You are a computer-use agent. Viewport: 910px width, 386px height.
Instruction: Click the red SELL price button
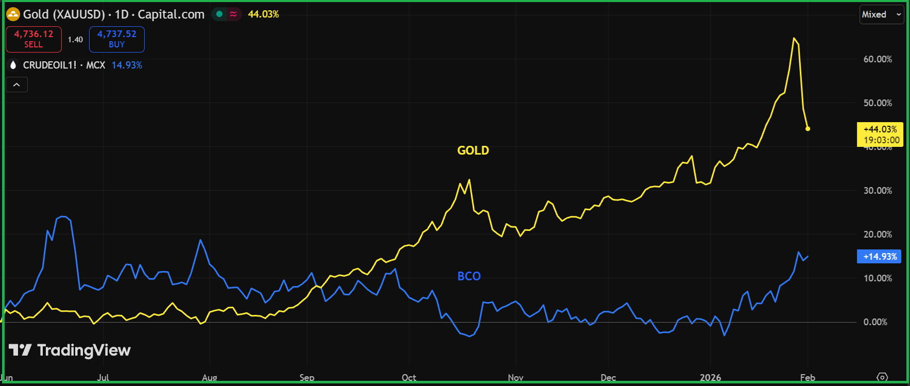point(33,39)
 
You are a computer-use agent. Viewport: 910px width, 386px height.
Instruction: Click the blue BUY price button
point(117,39)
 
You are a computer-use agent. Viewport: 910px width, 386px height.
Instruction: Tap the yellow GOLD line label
point(473,150)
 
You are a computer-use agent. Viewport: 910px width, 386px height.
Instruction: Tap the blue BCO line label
point(469,276)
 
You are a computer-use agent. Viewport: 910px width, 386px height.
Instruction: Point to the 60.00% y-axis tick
point(878,59)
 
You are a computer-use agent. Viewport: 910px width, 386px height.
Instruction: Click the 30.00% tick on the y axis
point(878,191)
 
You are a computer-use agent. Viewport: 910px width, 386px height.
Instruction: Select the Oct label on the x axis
point(409,378)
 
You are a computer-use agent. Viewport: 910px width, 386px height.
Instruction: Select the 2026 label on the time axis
point(710,378)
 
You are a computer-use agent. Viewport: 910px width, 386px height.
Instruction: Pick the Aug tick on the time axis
point(210,378)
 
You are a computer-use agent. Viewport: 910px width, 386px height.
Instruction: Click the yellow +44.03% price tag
point(880,135)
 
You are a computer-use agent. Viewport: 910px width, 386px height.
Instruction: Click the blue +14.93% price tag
point(879,257)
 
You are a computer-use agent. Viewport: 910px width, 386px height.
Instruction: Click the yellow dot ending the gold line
point(808,129)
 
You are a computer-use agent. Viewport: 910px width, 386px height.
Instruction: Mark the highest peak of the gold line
point(794,38)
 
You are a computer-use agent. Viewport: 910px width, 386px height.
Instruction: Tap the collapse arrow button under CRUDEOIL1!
point(16,85)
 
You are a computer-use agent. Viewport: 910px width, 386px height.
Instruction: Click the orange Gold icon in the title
point(13,14)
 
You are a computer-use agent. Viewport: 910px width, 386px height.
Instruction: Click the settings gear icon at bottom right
point(882,377)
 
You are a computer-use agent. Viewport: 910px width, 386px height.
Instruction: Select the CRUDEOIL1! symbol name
point(49,65)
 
